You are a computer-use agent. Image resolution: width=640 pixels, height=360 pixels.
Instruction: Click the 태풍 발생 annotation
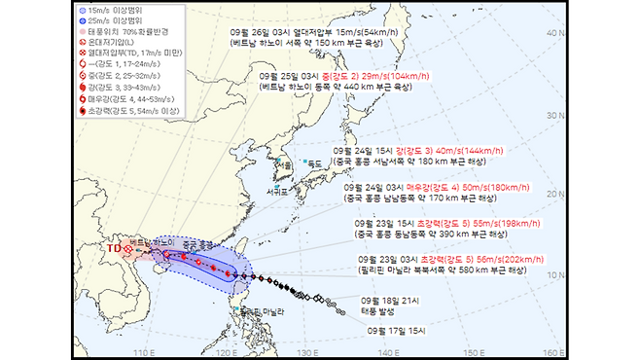(x=380, y=311)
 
